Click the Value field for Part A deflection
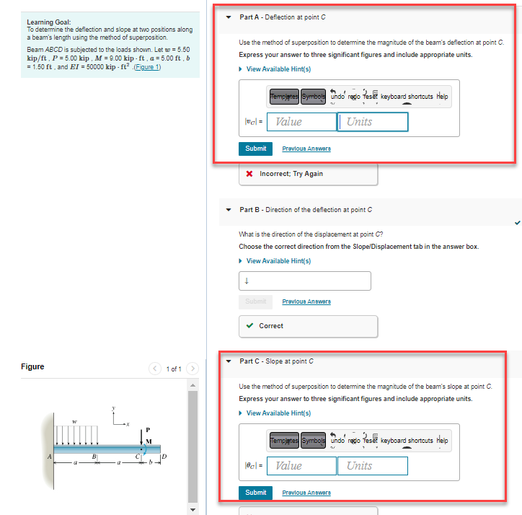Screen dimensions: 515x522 tap(301, 122)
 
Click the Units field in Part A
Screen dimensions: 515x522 tap(373, 122)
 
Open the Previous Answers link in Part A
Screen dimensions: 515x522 tap(306, 149)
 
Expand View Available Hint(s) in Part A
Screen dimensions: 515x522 tap(278, 69)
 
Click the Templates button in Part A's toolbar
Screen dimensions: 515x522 tap(284, 97)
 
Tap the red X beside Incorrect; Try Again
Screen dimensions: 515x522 tap(249, 174)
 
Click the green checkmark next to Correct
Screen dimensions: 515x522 tap(249, 326)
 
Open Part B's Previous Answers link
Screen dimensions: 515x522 tap(306, 301)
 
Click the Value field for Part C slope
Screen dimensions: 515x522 tap(301, 466)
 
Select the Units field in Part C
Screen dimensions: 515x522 tap(373, 466)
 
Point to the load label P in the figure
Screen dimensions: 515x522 tap(148, 431)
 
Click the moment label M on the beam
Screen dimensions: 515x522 tap(150, 441)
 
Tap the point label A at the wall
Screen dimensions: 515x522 tap(50, 455)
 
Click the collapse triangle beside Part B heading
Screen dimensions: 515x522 tap(229, 210)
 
